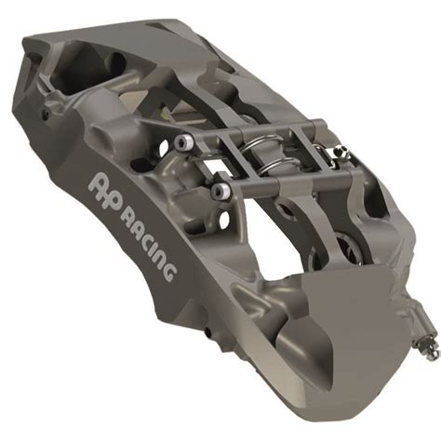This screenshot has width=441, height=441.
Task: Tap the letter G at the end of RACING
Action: (169, 270)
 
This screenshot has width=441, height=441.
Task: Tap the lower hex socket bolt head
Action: (220, 193)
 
